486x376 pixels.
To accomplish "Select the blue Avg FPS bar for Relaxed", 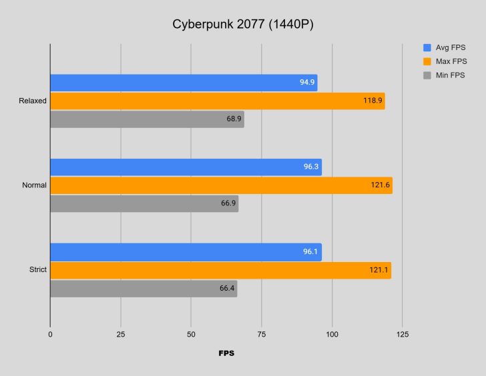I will tap(183, 83).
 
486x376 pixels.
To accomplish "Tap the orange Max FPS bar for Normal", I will tap(220, 185).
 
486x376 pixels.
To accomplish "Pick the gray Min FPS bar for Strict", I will tap(143, 289).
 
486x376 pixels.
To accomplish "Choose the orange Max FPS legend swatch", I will tap(427, 61).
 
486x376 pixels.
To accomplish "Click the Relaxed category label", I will tap(33, 101).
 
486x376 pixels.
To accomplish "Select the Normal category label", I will tap(33, 185).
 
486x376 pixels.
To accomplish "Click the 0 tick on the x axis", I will tap(50, 333).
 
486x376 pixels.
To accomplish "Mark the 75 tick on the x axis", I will tap(261, 333).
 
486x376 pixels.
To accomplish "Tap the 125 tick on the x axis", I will tap(402, 333).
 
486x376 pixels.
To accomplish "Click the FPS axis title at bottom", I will tap(226, 353).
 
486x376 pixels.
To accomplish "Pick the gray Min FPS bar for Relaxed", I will tap(147, 119).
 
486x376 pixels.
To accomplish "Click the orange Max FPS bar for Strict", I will tap(220, 270).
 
